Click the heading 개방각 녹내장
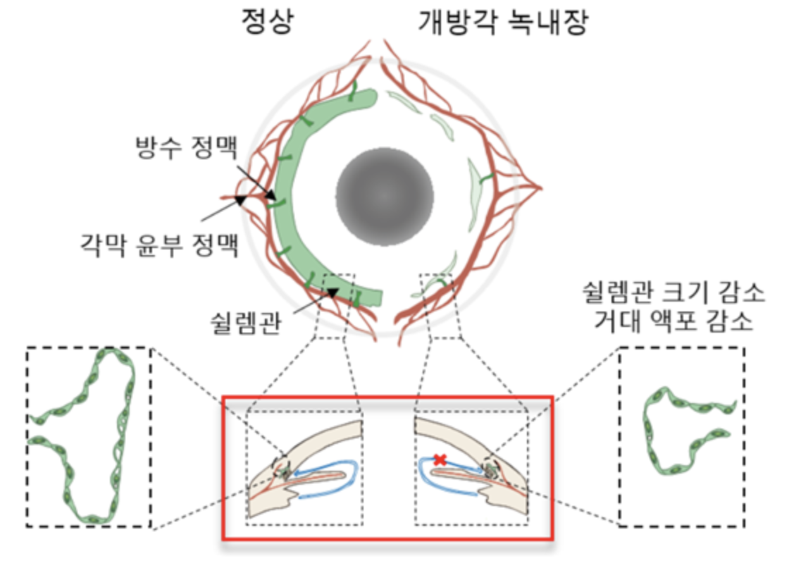pos(503,23)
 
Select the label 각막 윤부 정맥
pos(157,247)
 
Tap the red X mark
pos(440,459)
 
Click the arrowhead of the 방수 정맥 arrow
pos(271,195)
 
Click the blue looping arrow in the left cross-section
pos(331,479)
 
